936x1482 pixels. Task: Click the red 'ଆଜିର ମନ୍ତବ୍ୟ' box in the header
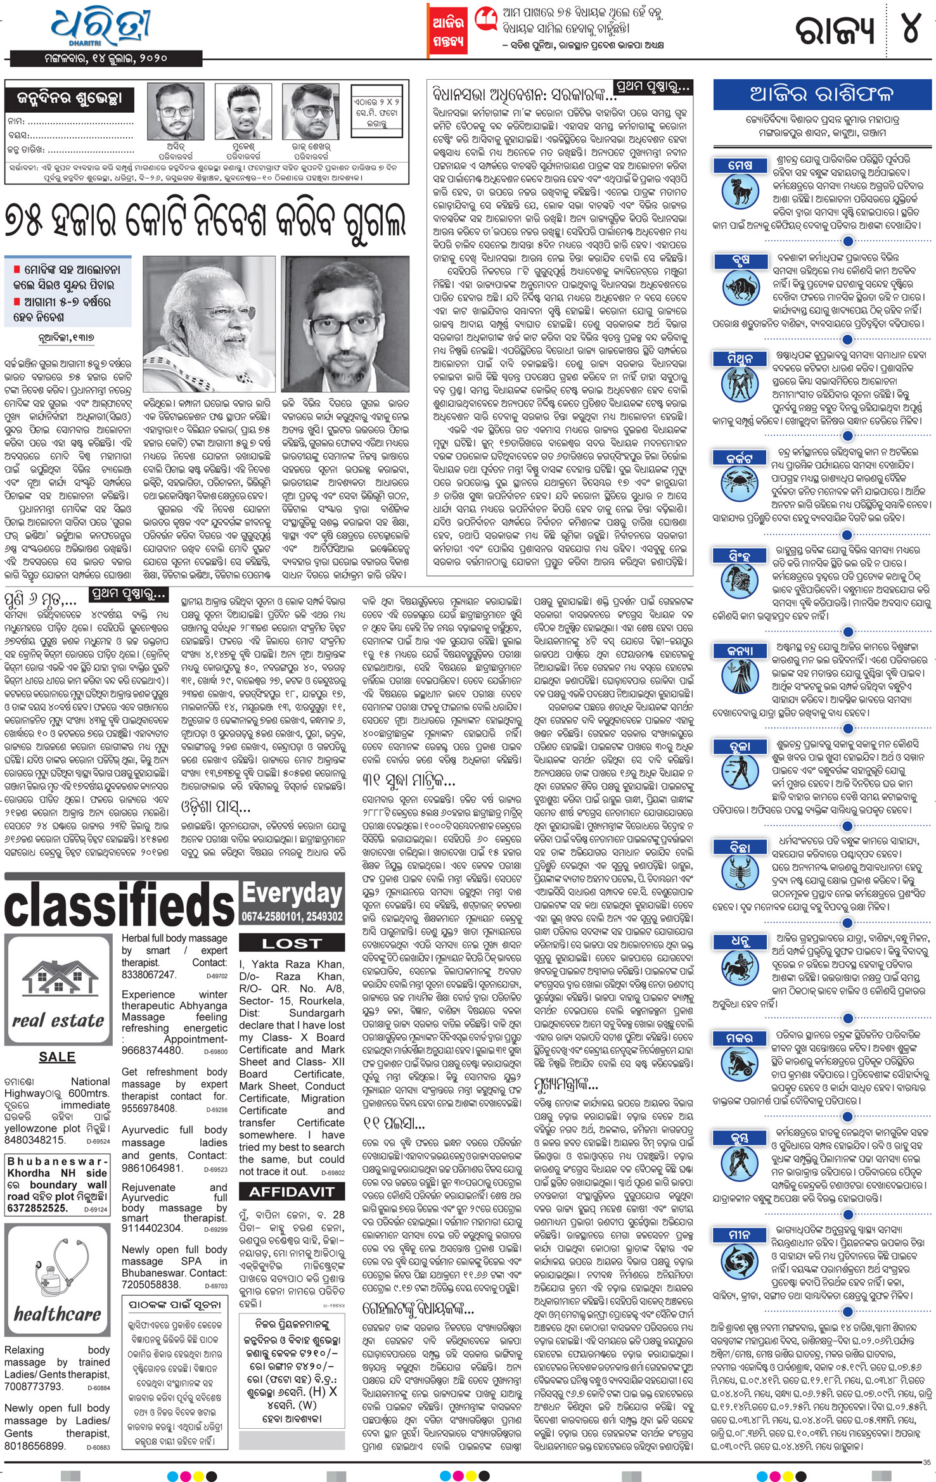pyautogui.click(x=448, y=30)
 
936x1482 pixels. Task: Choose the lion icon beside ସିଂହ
pyautogui.click(x=740, y=578)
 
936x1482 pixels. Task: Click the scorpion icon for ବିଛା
pyautogui.click(x=740, y=871)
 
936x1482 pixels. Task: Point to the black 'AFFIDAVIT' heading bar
pyautogui.click(x=292, y=1192)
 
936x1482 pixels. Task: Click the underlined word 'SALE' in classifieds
pyautogui.click(x=57, y=1057)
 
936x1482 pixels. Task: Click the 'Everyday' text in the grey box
pyautogui.click(x=292, y=893)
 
